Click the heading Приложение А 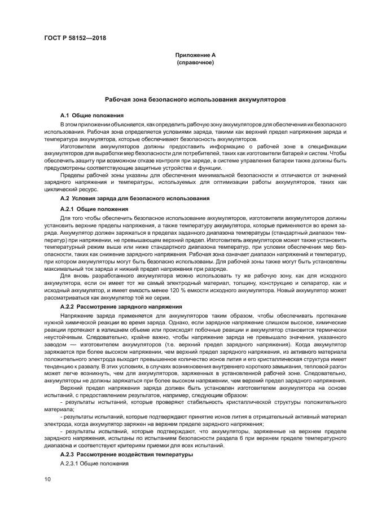[x=195, y=55]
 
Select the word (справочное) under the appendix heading [x=195, y=62]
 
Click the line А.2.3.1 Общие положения [x=95, y=464]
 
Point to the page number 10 [x=47, y=479]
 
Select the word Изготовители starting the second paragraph [x=78, y=146]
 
